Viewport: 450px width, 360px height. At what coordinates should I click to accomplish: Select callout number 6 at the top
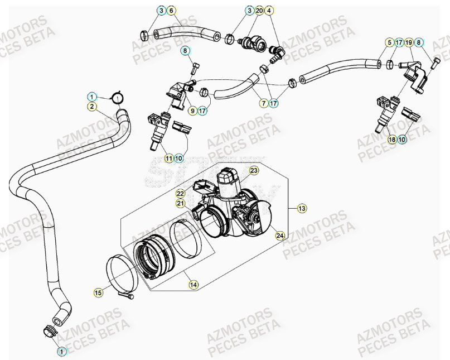[x=171, y=11]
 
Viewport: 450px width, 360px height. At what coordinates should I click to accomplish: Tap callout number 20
[x=259, y=11]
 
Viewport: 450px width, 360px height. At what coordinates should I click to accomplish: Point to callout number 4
[x=269, y=11]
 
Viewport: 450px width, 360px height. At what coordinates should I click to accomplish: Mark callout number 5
[x=389, y=42]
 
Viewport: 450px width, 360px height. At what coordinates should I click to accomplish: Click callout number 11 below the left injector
[x=168, y=159]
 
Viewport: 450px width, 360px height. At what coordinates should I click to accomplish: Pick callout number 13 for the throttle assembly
[x=302, y=209]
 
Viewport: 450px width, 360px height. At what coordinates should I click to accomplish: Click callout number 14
[x=193, y=285]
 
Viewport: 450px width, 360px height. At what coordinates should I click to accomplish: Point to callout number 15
[x=98, y=292]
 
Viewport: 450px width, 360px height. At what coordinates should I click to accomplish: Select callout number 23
[x=254, y=171]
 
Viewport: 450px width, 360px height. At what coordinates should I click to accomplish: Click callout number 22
[x=180, y=193]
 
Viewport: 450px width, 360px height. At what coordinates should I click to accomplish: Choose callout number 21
[x=180, y=203]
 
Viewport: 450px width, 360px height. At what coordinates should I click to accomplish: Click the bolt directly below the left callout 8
[x=193, y=69]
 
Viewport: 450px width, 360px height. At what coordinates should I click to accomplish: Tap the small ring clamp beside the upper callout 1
[x=118, y=99]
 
